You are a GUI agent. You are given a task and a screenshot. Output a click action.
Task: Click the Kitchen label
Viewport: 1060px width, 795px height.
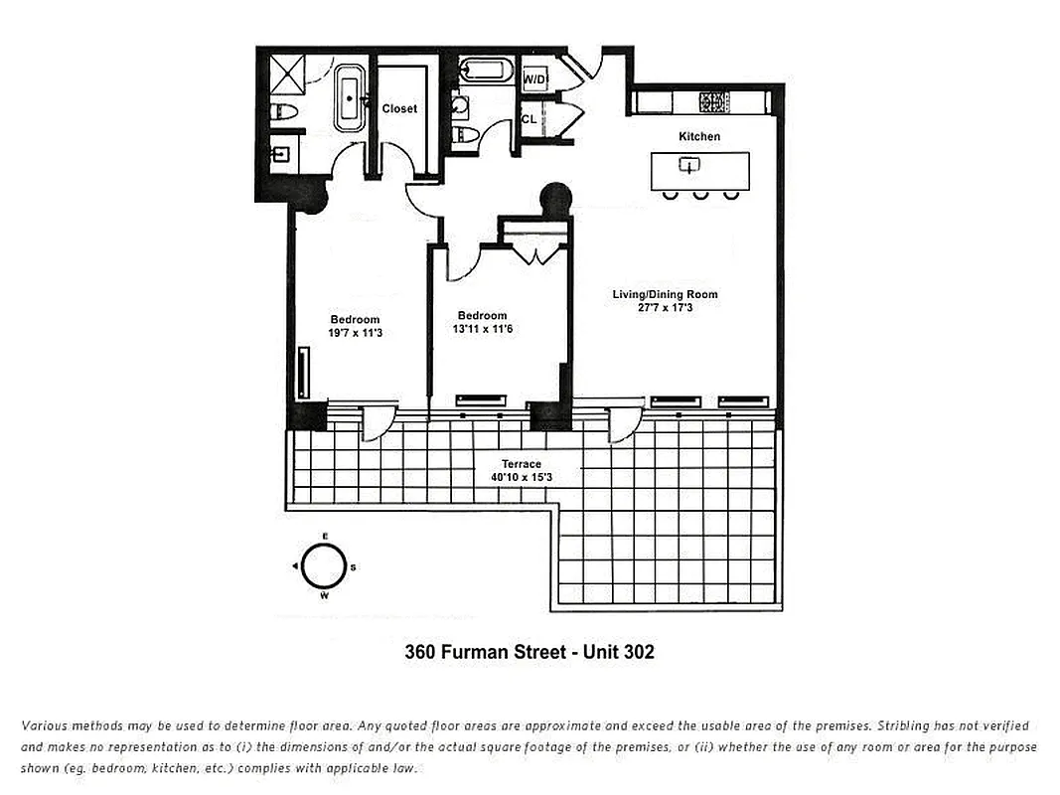698,136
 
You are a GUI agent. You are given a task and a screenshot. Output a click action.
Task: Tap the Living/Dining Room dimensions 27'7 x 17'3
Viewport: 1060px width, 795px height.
664,309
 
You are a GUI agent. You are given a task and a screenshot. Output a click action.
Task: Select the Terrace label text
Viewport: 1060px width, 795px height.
521,464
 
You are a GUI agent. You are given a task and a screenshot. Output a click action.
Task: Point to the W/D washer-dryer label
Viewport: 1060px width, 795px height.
534,79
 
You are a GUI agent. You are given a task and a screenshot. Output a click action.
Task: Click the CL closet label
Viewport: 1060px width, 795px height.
529,119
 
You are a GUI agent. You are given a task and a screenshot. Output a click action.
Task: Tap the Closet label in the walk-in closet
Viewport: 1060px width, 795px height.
399,108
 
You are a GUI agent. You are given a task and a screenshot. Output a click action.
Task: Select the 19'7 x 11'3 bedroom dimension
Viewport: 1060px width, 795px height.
356,333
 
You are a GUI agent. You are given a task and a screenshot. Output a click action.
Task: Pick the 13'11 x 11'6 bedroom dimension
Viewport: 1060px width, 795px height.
482,329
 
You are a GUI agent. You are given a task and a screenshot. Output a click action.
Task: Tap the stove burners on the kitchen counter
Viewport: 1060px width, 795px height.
713,100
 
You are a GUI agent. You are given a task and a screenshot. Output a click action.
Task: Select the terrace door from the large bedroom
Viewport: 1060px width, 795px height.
375,424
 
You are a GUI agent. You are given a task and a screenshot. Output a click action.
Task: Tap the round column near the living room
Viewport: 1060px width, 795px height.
554,200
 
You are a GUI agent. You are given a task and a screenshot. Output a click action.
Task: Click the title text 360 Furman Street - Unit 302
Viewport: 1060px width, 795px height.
529,652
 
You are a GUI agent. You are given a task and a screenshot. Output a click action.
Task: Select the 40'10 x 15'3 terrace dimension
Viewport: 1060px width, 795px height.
521,478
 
